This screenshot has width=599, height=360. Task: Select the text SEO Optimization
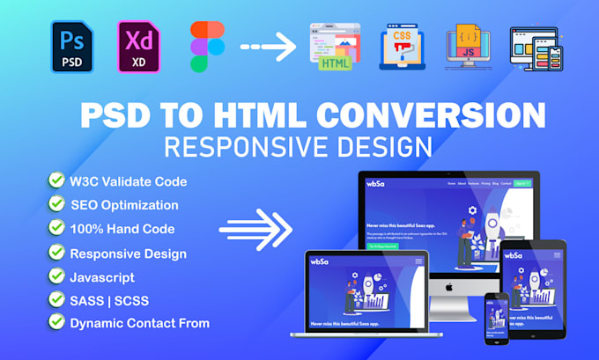[x=125, y=205]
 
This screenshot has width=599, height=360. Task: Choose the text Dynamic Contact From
[x=140, y=323]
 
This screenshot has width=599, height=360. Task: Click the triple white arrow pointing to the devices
[x=255, y=231]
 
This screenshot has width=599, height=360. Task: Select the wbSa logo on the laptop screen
[x=320, y=261]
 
